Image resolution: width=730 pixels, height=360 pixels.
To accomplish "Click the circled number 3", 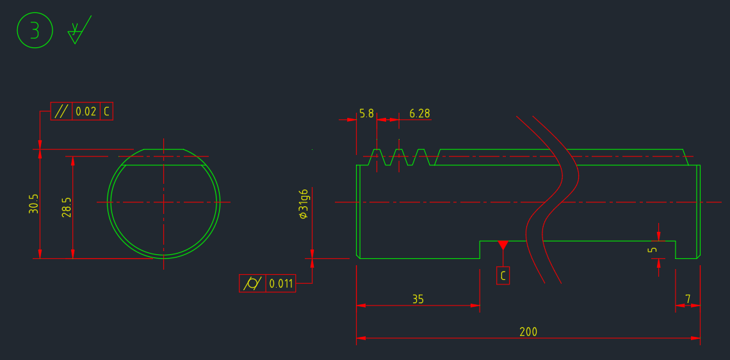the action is tap(33, 31).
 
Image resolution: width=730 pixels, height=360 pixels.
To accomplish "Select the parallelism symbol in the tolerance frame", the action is tap(61, 111).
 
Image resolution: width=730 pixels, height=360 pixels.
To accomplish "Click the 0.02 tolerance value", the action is tap(86, 111).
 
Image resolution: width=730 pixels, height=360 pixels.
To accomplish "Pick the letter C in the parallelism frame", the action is tap(107, 111).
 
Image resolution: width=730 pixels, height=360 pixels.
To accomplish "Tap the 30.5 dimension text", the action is tap(34, 204).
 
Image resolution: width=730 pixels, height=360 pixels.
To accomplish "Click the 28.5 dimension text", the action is tap(67, 207).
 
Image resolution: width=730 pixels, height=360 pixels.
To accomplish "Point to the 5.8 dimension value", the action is tap(366, 113).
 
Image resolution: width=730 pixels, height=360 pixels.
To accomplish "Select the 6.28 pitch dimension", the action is tap(419, 113).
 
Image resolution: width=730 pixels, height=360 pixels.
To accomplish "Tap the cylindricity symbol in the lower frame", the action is tap(252, 283).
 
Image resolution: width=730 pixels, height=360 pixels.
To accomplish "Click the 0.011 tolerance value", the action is tap(281, 283).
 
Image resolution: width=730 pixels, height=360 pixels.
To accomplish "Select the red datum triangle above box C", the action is tap(503, 245).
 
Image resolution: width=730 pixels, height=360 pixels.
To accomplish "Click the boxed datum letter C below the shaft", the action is tap(503, 276).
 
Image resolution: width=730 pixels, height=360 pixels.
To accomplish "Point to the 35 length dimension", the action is tap(418, 299).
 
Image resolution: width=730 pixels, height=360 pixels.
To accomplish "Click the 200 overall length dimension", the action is tap(528, 332).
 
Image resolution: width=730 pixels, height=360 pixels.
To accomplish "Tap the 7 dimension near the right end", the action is tap(688, 299).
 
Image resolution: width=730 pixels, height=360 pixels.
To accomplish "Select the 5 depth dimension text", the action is tap(652, 249).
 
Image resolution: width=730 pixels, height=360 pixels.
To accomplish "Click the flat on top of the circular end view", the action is tap(164, 150).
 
